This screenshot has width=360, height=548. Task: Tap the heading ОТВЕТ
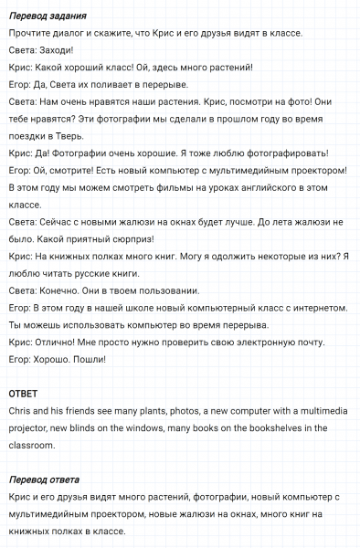pos(25,394)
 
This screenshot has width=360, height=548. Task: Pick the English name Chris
pos(18,411)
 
